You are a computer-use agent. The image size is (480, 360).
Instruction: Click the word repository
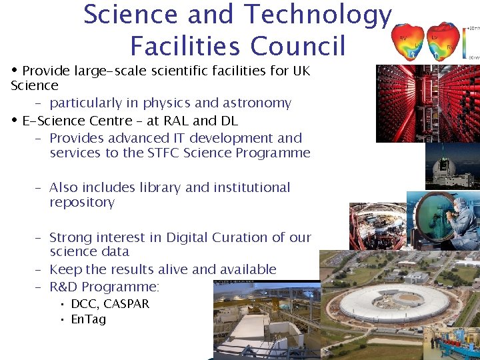coord(82,203)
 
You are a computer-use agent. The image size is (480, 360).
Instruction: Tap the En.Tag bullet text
coord(88,319)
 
